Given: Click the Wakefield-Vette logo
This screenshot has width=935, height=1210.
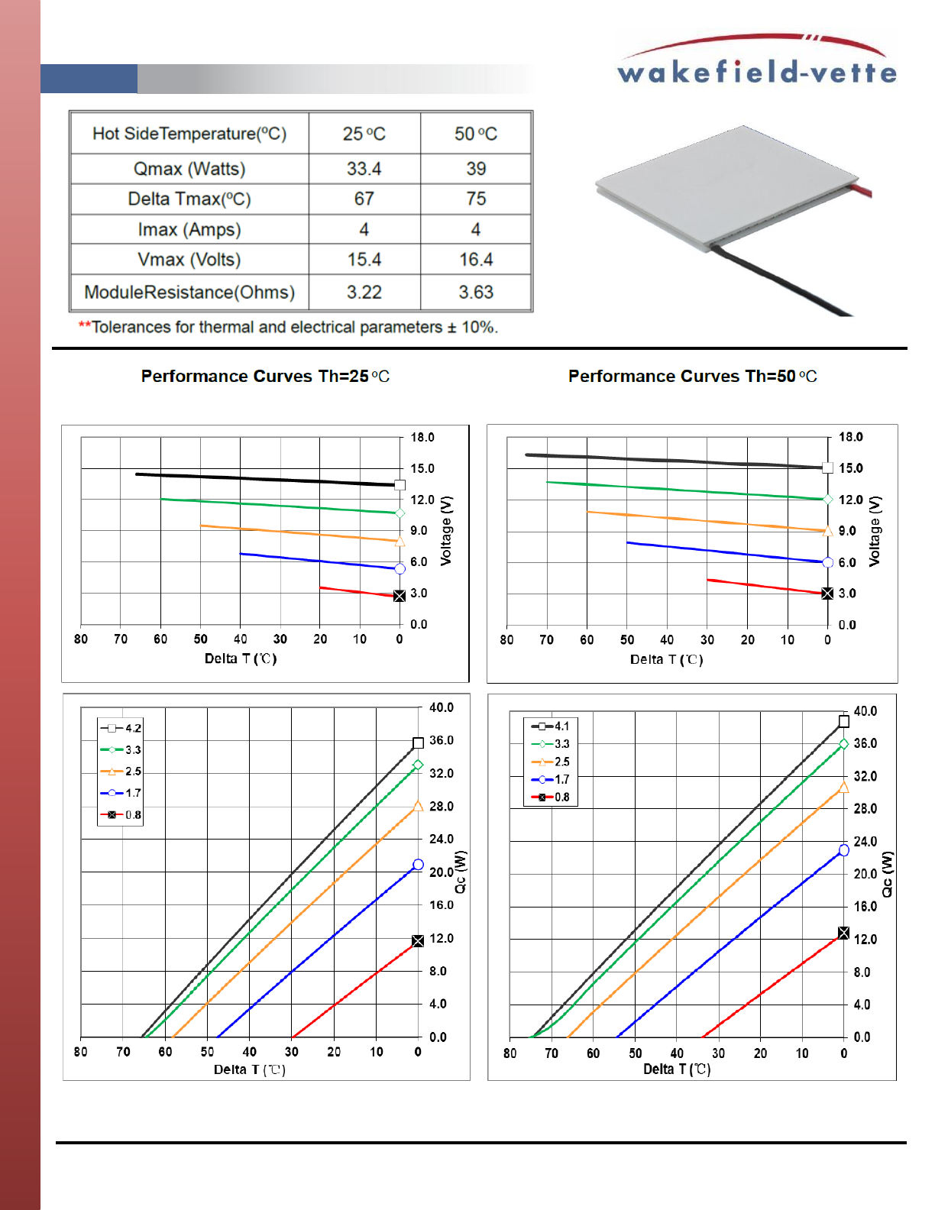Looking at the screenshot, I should tap(756, 60).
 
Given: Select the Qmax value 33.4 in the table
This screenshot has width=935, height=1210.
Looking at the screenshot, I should tap(364, 169).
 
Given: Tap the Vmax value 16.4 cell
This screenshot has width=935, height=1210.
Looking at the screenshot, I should tap(476, 260).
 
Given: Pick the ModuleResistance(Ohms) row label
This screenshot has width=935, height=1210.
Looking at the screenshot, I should tap(189, 293).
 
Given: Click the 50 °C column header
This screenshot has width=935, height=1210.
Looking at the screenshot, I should tap(476, 134).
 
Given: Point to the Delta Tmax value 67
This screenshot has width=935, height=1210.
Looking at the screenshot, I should tap(364, 199).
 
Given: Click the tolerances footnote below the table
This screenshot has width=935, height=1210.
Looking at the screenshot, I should tap(288, 327).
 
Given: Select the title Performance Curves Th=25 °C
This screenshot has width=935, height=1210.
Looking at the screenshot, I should tap(265, 376).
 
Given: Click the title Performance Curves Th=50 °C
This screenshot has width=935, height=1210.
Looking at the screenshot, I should tap(692, 376).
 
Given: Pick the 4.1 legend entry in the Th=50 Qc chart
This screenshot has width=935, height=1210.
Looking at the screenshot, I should tap(550, 726).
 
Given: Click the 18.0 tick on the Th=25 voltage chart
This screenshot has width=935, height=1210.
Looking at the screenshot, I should tap(422, 437).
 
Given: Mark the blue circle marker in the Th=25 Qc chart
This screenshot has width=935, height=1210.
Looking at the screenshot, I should tap(418, 865).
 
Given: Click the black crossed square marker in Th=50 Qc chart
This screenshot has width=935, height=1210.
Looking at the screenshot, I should tap(843, 933).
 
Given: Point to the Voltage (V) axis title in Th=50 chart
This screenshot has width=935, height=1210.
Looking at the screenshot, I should tap(875, 531).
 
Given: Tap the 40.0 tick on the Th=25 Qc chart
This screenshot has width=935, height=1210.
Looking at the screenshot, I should tap(441, 707).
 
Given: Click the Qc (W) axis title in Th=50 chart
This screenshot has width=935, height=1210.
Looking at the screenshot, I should tap(887, 875).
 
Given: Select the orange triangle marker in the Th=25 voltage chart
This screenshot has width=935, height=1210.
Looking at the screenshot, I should tap(400, 541).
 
